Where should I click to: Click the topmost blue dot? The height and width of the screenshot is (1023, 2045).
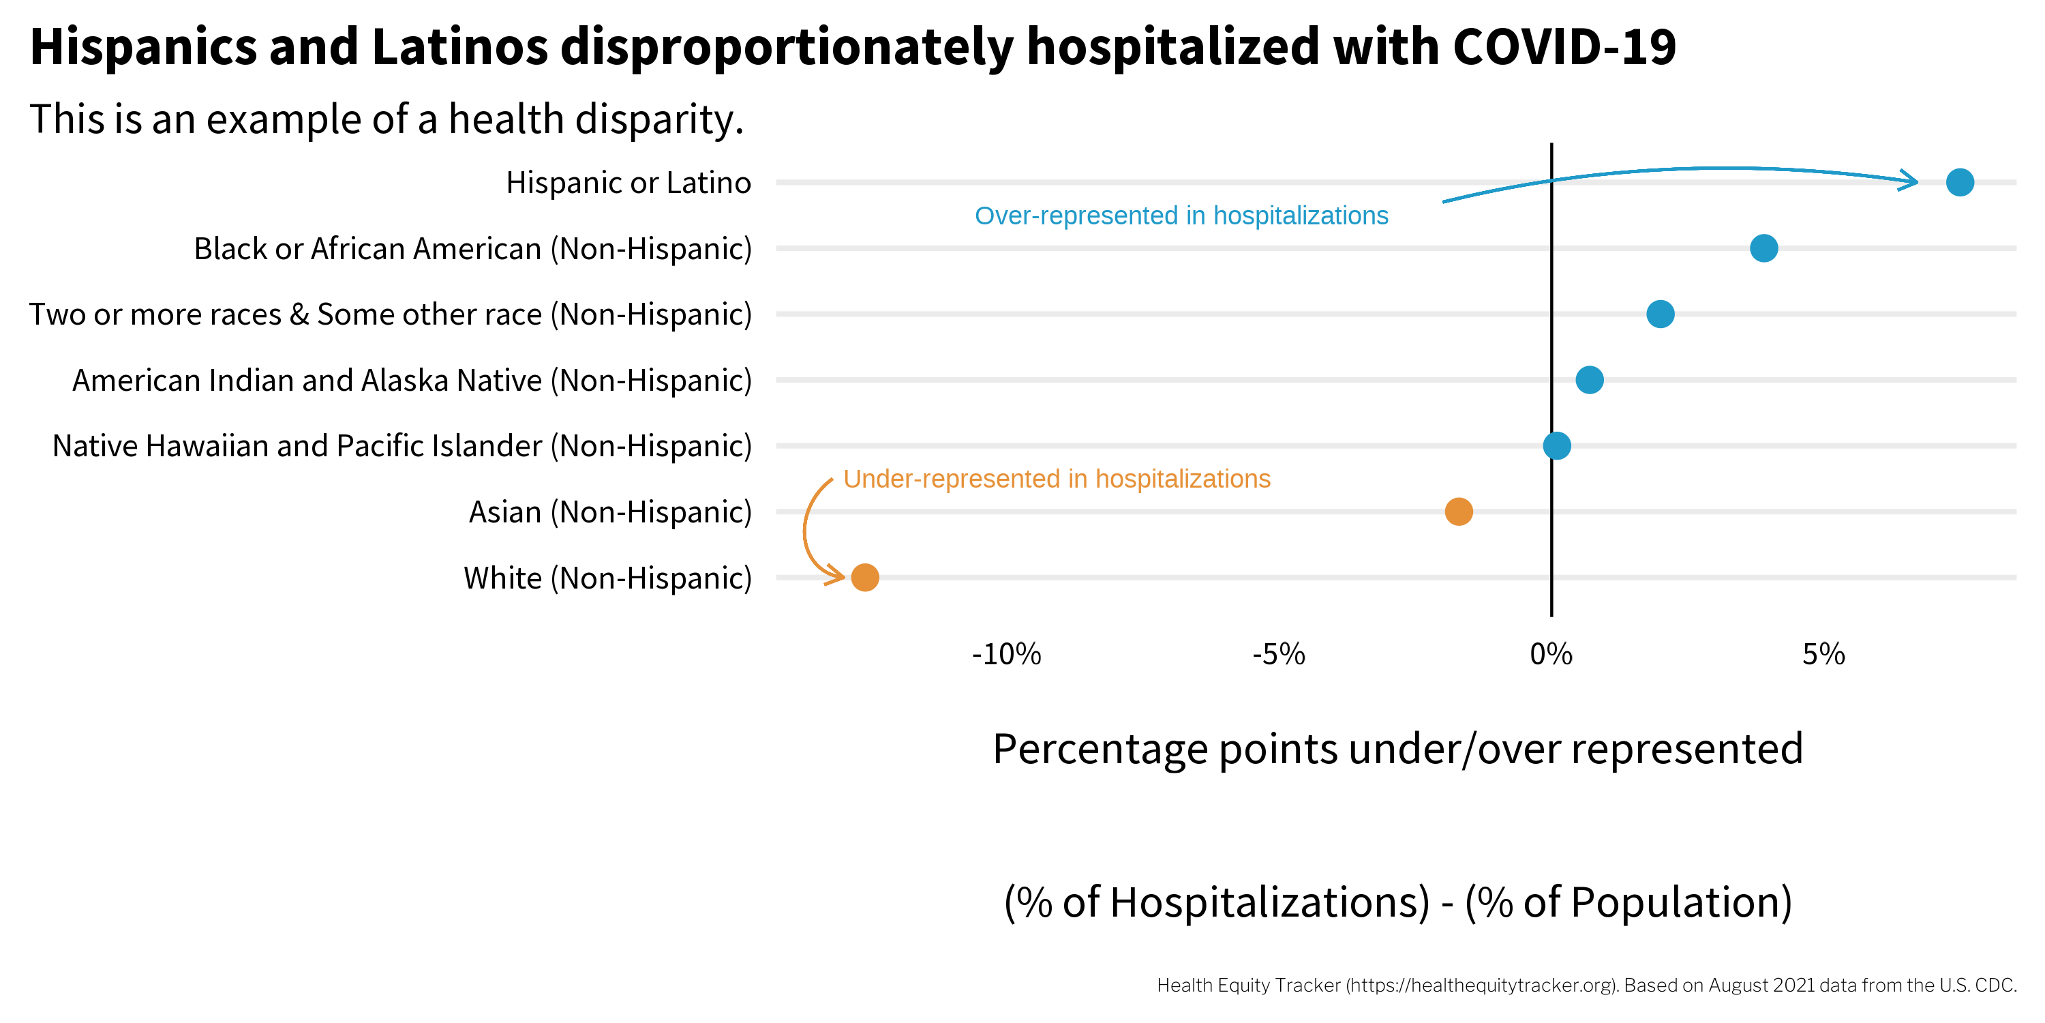(x=1959, y=182)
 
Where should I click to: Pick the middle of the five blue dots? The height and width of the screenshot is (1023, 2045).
(x=1660, y=314)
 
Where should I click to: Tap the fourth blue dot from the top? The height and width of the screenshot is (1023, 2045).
(x=1590, y=380)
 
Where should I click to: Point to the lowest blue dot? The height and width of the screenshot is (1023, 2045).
(x=1557, y=445)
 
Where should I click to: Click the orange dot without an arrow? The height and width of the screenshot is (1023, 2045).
(x=1458, y=512)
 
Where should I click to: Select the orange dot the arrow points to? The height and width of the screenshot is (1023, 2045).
(x=864, y=578)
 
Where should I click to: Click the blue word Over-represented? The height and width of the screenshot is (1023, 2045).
(x=1076, y=216)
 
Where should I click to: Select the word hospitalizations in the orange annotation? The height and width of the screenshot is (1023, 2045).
(x=1183, y=479)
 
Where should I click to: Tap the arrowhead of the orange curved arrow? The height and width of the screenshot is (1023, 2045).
(x=836, y=575)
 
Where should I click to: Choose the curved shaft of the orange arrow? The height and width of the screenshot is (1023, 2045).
(x=804, y=528)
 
